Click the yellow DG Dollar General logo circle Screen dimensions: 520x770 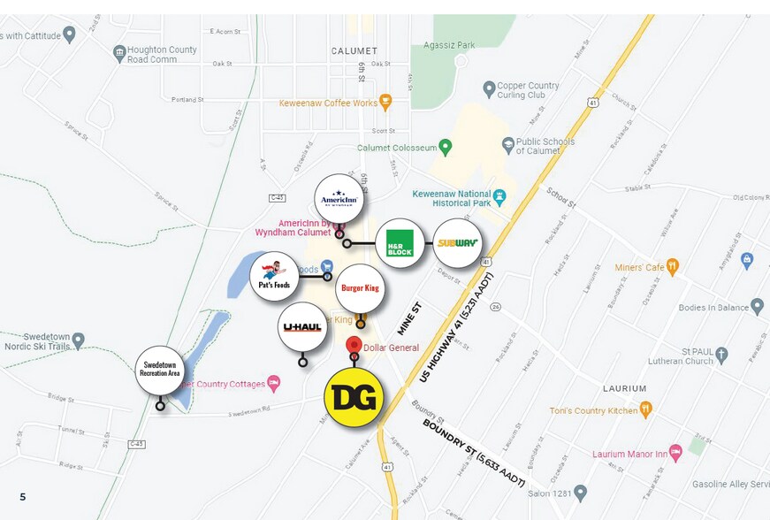(354, 397)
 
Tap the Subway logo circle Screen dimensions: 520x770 (457, 243)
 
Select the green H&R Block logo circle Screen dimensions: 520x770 (400, 243)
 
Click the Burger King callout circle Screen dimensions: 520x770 (360, 288)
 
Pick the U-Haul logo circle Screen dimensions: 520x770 (302, 327)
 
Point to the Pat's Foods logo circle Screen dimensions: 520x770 (275, 277)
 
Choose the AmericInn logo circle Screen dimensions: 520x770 (339, 199)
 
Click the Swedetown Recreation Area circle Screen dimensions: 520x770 (160, 370)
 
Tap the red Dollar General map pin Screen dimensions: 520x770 (354, 346)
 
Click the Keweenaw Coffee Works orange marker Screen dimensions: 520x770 (385, 102)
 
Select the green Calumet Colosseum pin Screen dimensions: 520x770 (446, 147)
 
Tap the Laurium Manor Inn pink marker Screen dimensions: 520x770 (675, 452)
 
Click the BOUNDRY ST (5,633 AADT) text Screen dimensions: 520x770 (473, 451)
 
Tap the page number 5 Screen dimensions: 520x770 (23, 497)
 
